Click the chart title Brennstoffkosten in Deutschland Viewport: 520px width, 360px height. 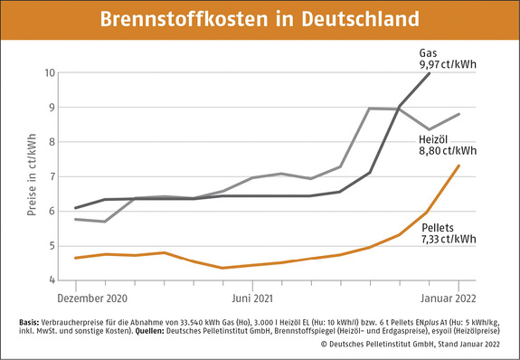tap(260, 19)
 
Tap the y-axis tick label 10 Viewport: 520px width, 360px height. tap(50, 72)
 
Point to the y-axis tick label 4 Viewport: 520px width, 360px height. tap(52, 280)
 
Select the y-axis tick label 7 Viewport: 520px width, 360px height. tap(52, 176)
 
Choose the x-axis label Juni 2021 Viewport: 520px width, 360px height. tap(249, 297)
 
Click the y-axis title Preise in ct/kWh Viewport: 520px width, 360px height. tap(32, 176)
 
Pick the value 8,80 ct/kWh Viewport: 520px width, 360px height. tap(446, 152)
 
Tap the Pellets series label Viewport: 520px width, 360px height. tap(439, 228)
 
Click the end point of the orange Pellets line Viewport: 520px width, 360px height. tap(459, 166)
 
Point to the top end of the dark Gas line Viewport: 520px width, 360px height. tap(430, 72)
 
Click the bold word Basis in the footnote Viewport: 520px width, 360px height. tap(29, 323)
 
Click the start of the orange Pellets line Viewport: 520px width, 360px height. tap(75, 258)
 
